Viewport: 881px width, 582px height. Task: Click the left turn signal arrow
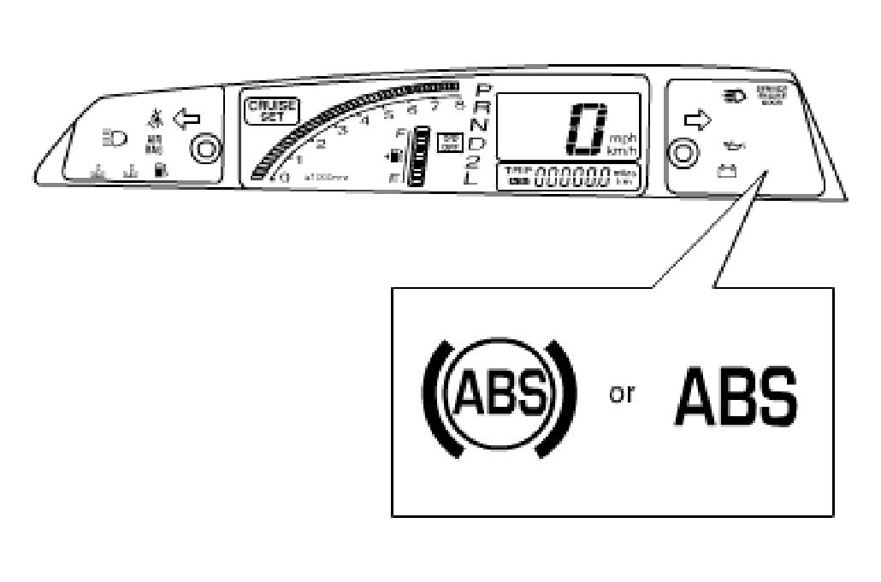[x=186, y=117]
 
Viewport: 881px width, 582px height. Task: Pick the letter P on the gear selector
[x=484, y=91]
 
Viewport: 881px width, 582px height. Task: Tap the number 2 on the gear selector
[x=473, y=162]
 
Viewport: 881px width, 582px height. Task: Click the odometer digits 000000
[x=571, y=178]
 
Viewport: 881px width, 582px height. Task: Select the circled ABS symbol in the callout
[x=496, y=397]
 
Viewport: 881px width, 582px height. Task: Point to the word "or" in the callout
[x=622, y=397]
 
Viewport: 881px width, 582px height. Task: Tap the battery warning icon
[x=726, y=171]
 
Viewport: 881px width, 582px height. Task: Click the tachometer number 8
[x=459, y=105]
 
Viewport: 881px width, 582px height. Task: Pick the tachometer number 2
[x=321, y=144]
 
